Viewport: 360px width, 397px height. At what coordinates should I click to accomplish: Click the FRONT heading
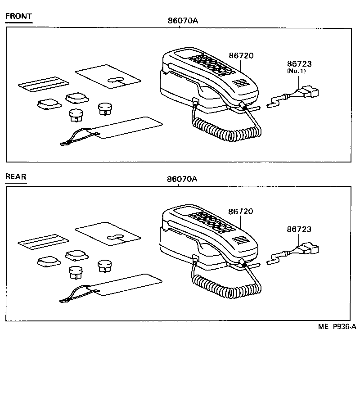[18, 17]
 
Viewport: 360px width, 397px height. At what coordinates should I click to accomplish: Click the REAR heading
[16, 176]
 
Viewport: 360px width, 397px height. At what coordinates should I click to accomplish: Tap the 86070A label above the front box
[183, 20]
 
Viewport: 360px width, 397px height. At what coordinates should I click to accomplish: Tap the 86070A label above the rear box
[183, 179]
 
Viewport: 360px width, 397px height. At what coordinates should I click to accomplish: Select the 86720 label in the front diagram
[241, 56]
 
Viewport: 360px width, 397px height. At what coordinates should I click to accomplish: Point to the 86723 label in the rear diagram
[299, 230]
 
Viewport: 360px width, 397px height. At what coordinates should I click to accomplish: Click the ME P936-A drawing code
[337, 327]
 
